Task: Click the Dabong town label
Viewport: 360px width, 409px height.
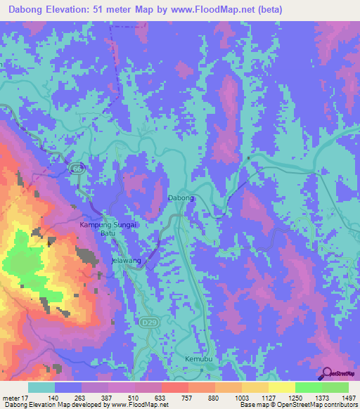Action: (x=180, y=198)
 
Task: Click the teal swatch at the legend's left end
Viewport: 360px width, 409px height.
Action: (x=41, y=387)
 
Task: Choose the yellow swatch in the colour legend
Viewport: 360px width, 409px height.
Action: (x=281, y=387)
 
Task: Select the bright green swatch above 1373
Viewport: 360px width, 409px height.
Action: (x=308, y=387)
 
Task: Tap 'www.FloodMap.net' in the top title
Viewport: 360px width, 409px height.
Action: (x=210, y=8)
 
